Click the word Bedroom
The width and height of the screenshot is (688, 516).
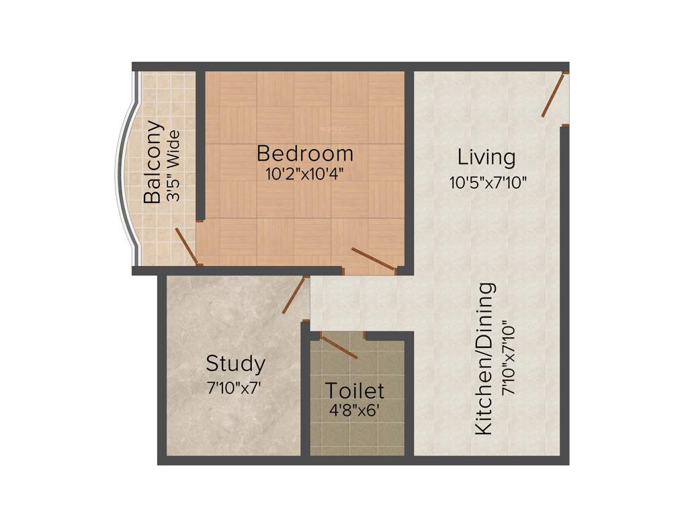[304, 154]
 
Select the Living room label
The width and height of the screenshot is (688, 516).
[486, 158]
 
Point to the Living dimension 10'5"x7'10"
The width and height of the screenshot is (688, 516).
[488, 181]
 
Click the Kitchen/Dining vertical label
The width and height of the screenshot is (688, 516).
[485, 359]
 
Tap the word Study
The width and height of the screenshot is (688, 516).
[235, 364]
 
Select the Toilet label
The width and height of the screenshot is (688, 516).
[355, 390]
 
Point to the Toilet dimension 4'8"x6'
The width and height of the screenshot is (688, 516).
[353, 410]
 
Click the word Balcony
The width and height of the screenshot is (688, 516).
[153, 161]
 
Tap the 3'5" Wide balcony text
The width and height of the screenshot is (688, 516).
[173, 167]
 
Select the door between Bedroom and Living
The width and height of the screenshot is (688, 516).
[373, 259]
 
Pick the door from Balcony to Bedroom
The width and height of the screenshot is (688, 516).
[186, 246]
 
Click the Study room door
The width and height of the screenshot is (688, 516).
[294, 296]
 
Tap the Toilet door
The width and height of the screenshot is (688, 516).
[339, 346]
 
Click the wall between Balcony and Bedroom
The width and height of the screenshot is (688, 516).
[200, 144]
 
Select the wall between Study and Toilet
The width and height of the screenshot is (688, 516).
[305, 396]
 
